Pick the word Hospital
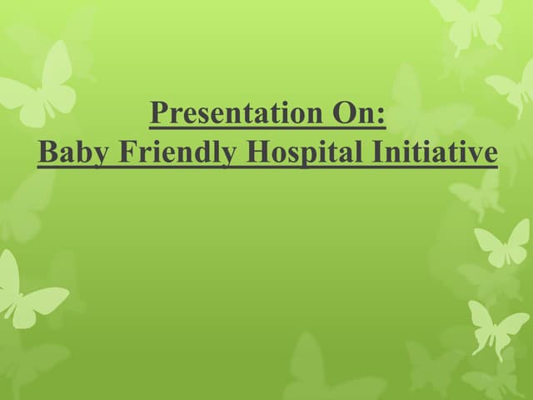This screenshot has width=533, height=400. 284,153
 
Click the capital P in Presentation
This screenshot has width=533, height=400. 157,113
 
